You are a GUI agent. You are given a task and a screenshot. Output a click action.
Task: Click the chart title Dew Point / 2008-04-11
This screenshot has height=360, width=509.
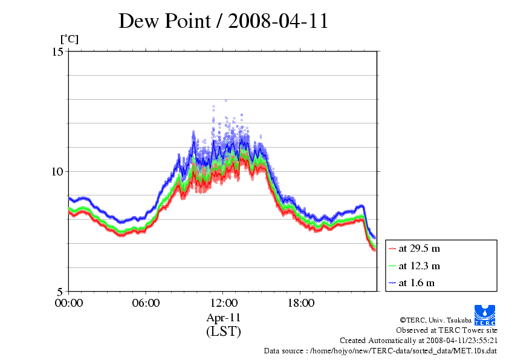223,21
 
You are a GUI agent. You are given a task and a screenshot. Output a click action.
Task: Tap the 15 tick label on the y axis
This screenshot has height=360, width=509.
57,51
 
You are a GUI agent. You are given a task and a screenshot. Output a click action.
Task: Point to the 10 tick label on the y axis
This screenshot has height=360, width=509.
57,171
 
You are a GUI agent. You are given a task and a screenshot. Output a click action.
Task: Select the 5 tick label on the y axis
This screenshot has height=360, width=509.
60,291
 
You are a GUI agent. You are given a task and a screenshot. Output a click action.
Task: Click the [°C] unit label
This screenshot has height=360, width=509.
69,39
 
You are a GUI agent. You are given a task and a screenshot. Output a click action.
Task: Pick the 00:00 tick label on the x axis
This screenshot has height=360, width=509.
69,303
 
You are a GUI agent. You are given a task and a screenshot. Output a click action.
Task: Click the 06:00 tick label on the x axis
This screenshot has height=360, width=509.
146,303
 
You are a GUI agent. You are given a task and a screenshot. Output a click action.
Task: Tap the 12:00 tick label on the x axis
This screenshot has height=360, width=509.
223,303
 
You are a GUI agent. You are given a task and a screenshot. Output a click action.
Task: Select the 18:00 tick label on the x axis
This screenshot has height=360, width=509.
300,303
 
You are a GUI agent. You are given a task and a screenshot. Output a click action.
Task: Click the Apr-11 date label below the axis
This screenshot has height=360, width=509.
223,318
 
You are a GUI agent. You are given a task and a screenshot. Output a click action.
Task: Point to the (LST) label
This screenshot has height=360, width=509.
223,332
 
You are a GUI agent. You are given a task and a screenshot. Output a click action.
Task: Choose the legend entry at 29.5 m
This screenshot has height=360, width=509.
419,248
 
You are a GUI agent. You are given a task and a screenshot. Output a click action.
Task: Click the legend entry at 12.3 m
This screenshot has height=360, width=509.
419,266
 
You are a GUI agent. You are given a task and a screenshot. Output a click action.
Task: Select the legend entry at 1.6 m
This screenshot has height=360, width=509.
417,283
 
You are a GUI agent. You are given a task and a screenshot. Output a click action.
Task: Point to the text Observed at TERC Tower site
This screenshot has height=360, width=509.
447,330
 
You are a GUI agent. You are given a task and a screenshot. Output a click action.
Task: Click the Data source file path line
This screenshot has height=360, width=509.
380,350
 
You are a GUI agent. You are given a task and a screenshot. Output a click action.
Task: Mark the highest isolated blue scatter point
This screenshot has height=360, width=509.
225,100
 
